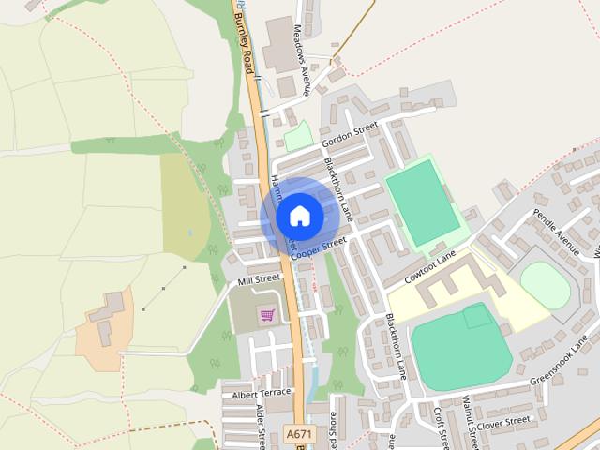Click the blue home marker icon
pyautogui.click(x=299, y=217)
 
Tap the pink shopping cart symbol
pyautogui.click(x=267, y=315)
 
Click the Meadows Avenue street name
pyautogui.click(x=302, y=47)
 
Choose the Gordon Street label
pyautogui.click(x=349, y=135)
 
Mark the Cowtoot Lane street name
pyautogui.click(x=430, y=267)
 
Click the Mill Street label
pyautogui.click(x=260, y=278)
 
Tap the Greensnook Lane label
pyautogui.click(x=559, y=361)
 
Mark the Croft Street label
pyautogui.click(x=440, y=427)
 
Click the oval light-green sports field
pyautogui.click(x=545, y=285)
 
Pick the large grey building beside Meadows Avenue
pyautogui.click(x=278, y=43)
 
